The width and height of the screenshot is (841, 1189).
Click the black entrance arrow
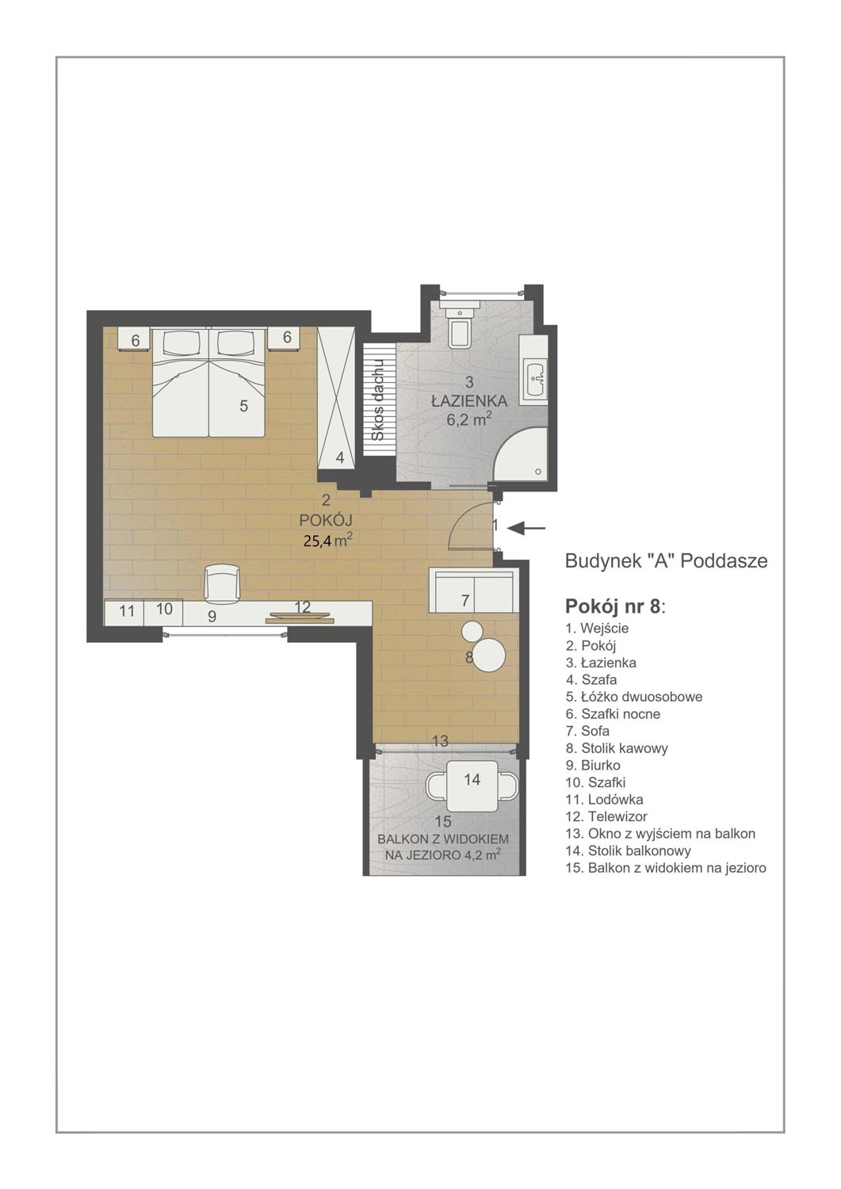[x=526, y=528]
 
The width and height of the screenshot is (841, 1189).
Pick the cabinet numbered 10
[x=163, y=610]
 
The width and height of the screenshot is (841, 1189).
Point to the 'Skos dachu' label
[x=378, y=400]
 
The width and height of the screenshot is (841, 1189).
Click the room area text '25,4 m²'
[x=328, y=541]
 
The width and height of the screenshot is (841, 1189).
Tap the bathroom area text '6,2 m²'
[x=468, y=420]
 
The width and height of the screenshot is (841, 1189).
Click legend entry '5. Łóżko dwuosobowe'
[x=634, y=697]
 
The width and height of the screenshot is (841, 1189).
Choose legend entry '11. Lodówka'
[x=604, y=799]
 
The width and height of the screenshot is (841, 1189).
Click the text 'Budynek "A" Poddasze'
[x=666, y=561]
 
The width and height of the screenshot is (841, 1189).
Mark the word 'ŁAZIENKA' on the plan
[x=468, y=401]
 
